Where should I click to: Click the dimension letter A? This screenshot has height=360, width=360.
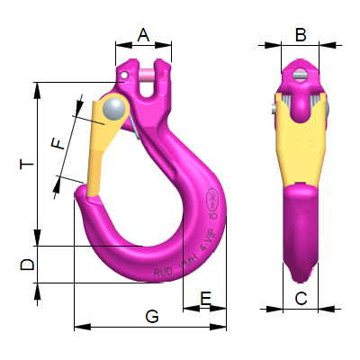(143, 35)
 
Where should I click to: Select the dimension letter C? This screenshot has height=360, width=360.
(301, 297)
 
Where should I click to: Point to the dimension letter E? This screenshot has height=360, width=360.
(205, 297)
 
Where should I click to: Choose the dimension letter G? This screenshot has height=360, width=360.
(151, 316)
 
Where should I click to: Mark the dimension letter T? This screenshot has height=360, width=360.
(28, 165)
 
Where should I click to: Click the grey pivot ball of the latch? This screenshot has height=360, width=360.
(114, 108)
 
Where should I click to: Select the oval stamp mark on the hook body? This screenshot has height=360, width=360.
(212, 197)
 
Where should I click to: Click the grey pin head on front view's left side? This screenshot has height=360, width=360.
(274, 109)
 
